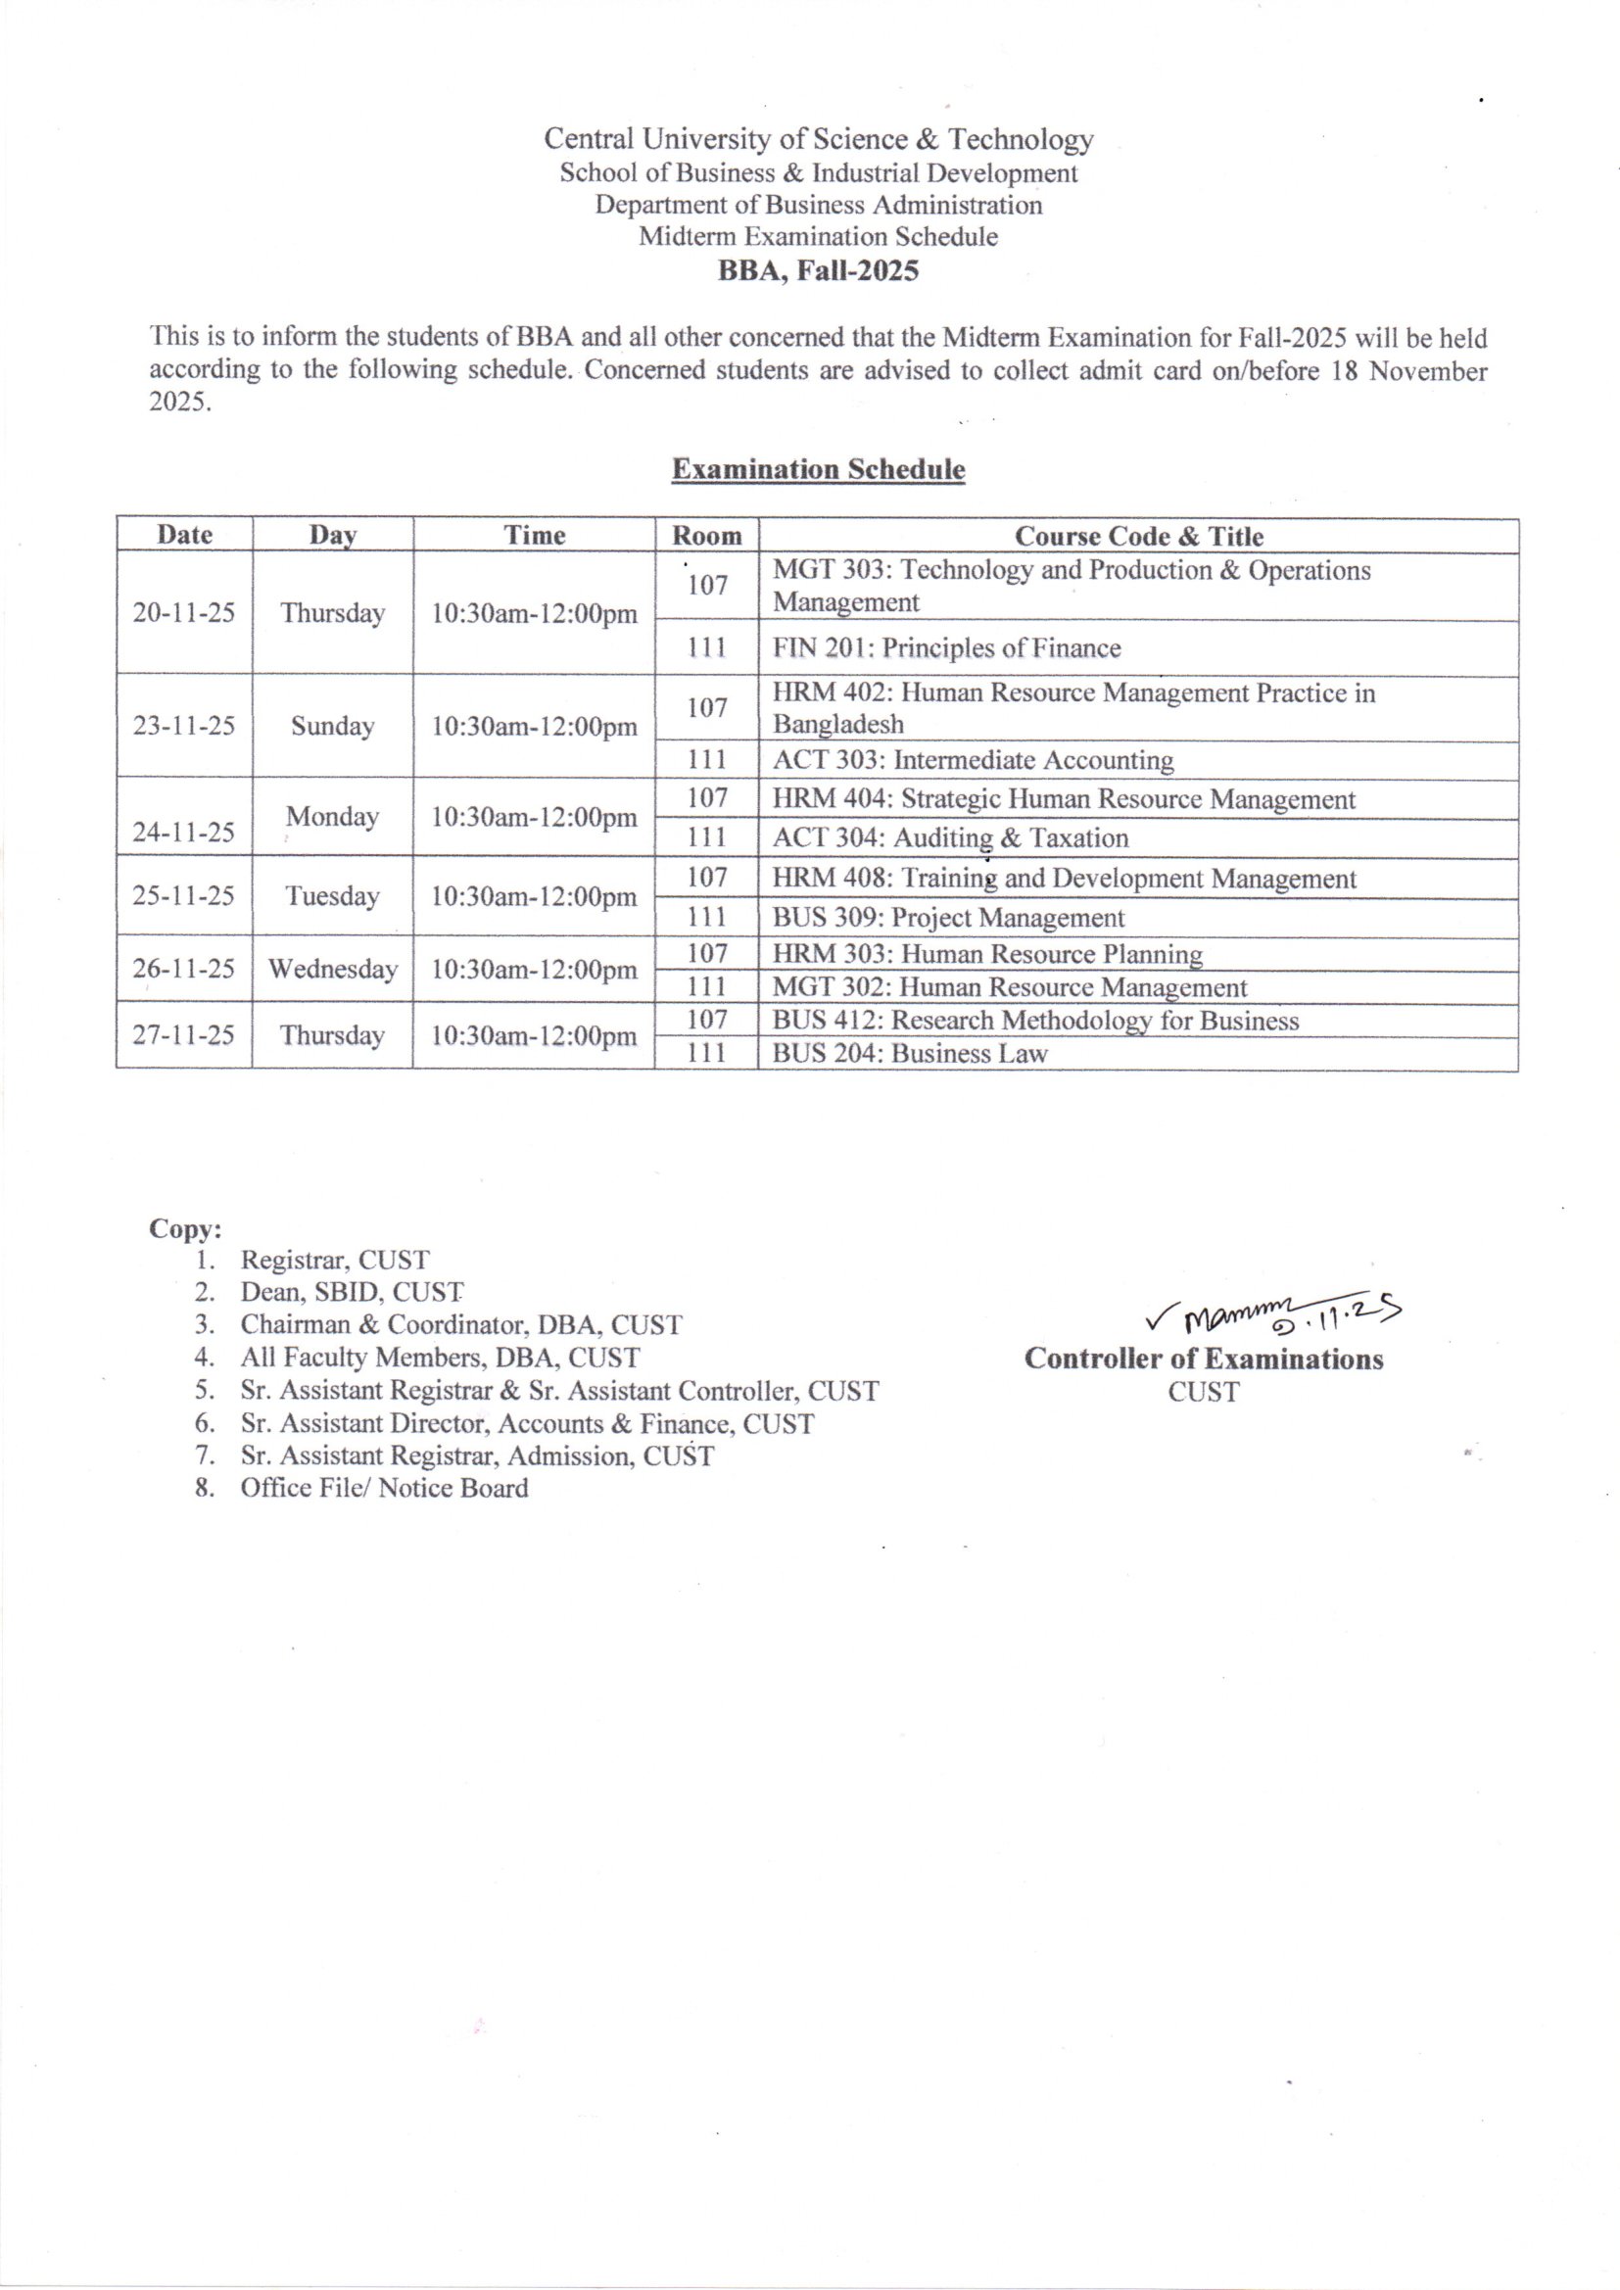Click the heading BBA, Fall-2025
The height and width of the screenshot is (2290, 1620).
[x=818, y=270]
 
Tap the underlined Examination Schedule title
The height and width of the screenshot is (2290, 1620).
[x=818, y=469]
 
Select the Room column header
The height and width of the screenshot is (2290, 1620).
[x=706, y=536]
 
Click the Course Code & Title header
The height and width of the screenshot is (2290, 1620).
[x=1138, y=536]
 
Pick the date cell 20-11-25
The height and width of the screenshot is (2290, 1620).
[x=184, y=612]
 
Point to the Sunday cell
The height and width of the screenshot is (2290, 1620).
[x=332, y=725]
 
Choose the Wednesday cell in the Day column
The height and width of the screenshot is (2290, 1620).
[x=332, y=969]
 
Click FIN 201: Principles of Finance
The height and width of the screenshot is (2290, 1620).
[x=947, y=648]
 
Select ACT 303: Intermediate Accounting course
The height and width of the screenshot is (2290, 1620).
[x=973, y=760]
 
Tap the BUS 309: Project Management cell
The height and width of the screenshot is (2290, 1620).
[x=948, y=918]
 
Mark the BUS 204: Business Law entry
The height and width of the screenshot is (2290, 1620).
[x=910, y=1053]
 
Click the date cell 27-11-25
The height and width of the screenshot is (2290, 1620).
[x=184, y=1034]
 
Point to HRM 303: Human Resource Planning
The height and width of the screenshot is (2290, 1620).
[x=987, y=955]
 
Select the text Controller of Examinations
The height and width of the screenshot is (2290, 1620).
[x=1203, y=1359]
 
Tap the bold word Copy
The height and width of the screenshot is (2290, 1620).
[x=185, y=1228]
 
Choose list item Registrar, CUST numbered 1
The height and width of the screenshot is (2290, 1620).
[x=334, y=1260]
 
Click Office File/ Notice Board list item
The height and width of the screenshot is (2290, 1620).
[x=384, y=1488]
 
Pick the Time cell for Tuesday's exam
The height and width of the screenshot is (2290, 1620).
[x=534, y=895]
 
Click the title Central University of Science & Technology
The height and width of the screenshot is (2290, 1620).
[x=818, y=139]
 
